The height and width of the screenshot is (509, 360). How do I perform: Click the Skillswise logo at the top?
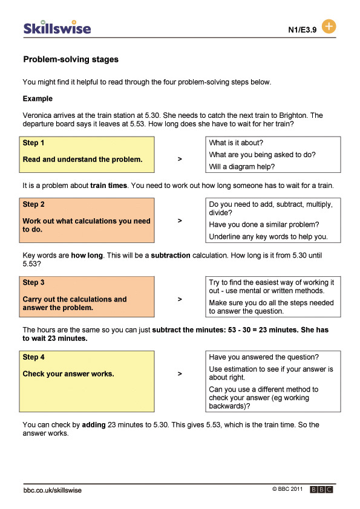tap(57, 28)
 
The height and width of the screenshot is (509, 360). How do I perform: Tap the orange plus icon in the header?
tap(329, 27)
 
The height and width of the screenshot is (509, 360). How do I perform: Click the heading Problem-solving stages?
tap(71, 60)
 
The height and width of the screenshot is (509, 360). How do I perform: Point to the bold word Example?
tap(38, 99)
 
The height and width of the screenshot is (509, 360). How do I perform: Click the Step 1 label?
tap(34, 143)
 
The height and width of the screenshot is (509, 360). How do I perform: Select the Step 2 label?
tap(34, 204)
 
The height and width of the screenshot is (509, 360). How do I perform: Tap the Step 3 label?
tap(34, 282)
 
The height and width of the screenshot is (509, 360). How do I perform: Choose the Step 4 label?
tap(34, 357)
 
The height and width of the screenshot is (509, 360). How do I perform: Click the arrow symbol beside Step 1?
tap(180, 159)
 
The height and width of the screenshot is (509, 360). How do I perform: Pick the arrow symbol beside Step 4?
tap(180, 374)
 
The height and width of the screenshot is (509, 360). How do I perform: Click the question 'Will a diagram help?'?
tap(242, 166)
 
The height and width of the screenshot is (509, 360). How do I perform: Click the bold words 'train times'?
tap(109, 185)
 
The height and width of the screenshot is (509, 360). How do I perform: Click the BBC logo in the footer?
tap(321, 490)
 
